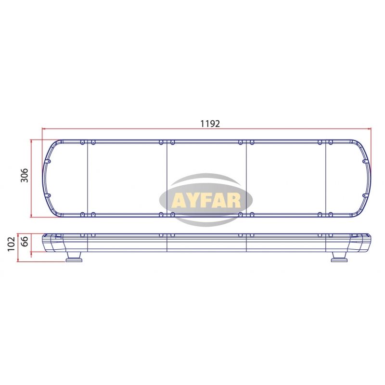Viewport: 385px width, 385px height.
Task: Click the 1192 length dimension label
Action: [210, 124]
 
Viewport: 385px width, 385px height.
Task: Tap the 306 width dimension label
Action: [25, 176]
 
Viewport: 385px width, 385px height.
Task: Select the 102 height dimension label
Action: [11, 244]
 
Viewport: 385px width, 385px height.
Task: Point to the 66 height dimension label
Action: [25, 242]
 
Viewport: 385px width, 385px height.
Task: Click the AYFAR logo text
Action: [206, 201]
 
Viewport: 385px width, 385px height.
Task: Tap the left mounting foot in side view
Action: [74, 257]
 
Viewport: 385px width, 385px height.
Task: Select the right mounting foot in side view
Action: [339, 257]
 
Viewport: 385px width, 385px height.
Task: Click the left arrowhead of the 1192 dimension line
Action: [44, 128]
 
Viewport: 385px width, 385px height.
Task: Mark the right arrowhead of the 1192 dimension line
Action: [369, 128]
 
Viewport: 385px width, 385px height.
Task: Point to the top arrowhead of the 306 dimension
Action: [31, 142]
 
